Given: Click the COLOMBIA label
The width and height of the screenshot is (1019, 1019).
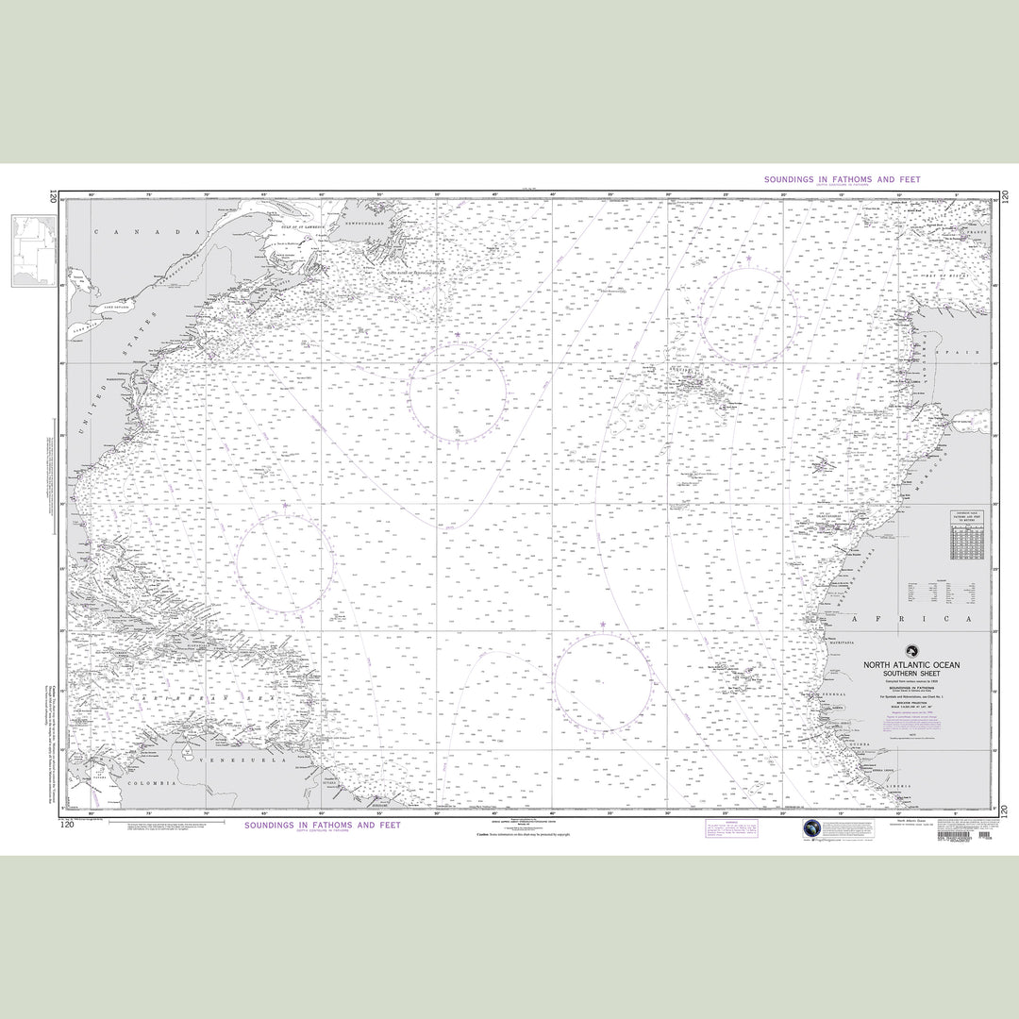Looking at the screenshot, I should (152, 783).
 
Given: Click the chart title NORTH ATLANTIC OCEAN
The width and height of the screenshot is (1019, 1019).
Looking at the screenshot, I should (911, 665).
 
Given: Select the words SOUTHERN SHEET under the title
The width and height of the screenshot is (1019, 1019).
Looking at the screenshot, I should (911, 675).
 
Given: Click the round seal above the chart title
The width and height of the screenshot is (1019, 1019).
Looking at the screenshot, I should (911, 650).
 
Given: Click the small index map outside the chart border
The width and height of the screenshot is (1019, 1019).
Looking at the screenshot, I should (34, 250).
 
